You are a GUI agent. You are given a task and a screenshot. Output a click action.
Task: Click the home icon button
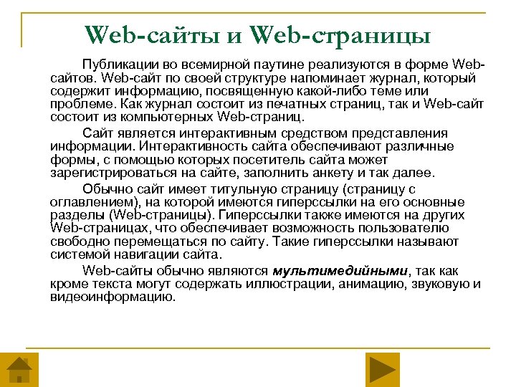point(19,370)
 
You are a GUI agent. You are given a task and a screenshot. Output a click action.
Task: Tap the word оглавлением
point(90,203)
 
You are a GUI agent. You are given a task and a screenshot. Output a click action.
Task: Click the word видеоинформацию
point(113,297)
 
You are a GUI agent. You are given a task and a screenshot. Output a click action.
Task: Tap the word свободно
point(75,242)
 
